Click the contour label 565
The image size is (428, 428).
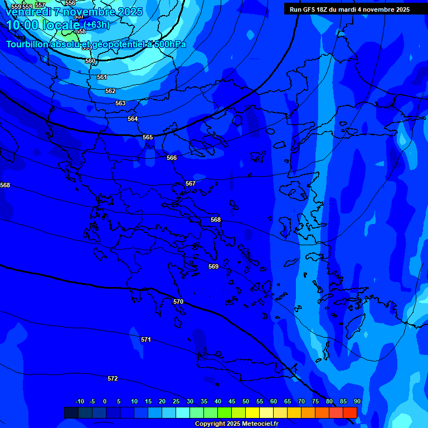[x=148, y=137]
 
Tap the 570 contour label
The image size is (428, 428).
[x=178, y=301]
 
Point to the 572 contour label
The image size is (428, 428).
[x=113, y=378]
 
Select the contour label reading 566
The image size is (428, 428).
[x=172, y=158]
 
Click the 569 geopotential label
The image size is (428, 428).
[x=213, y=266]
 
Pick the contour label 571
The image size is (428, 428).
[x=146, y=339]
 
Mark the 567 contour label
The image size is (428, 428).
[x=191, y=183]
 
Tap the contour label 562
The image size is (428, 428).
[x=110, y=91]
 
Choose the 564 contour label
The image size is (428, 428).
[x=133, y=119]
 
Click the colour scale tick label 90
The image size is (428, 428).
[x=357, y=401]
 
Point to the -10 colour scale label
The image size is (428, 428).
[x=79, y=401]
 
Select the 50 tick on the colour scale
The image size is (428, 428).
[x=246, y=401]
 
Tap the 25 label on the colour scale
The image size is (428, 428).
[x=176, y=401]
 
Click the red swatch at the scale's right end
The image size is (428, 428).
[x=350, y=412]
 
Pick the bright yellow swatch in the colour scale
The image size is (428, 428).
[x=252, y=412]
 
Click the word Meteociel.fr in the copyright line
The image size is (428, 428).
[x=257, y=424]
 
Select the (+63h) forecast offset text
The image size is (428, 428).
[x=97, y=25]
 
